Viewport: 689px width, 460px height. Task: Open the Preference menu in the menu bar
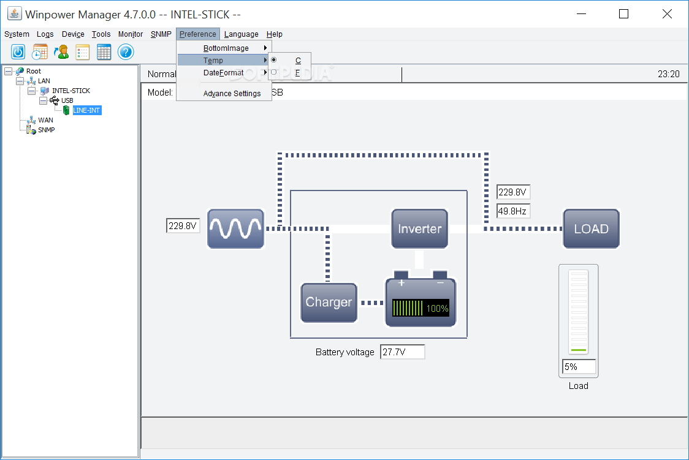(198, 34)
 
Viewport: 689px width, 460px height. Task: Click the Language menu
(242, 34)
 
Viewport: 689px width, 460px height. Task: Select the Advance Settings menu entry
(232, 94)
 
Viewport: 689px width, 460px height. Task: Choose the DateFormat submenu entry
(223, 73)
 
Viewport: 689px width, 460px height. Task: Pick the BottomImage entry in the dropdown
(226, 48)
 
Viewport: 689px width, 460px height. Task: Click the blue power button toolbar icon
(18, 52)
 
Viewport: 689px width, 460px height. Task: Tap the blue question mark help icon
(126, 52)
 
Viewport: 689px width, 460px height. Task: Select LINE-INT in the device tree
(86, 110)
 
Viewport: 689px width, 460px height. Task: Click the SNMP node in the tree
(46, 130)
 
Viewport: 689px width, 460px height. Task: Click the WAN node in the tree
(45, 120)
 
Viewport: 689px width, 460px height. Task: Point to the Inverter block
(420, 228)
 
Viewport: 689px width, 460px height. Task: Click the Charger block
(329, 303)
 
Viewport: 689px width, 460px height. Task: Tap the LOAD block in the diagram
(592, 228)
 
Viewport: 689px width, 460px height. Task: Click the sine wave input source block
(235, 228)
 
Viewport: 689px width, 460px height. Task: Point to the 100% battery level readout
(437, 309)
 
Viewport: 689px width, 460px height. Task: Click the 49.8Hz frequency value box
(513, 211)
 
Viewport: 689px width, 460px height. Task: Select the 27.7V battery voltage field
(403, 352)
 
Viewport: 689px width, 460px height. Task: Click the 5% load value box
(579, 366)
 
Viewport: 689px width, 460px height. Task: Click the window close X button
(667, 14)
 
